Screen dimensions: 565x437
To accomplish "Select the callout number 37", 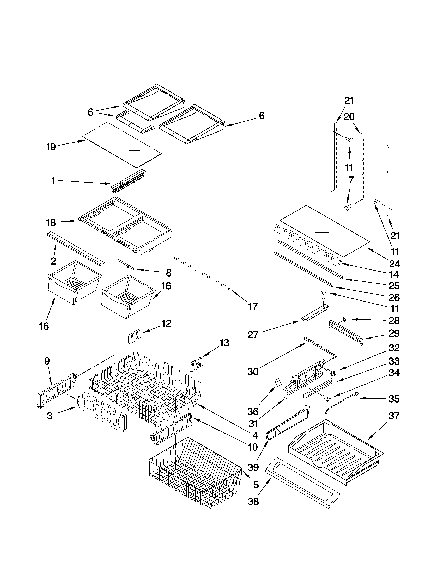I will point(394,416).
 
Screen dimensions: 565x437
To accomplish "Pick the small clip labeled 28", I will point(345,320).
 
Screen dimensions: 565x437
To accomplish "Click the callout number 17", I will point(253,307).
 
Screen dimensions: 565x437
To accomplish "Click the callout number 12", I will point(166,323).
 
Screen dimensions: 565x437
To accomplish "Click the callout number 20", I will point(349,117).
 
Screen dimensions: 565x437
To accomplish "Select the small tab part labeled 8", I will point(125,264).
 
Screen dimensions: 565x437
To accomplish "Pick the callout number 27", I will point(253,335).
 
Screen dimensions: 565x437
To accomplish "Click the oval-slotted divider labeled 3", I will point(104,412).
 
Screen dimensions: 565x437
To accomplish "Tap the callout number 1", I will point(53,180).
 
